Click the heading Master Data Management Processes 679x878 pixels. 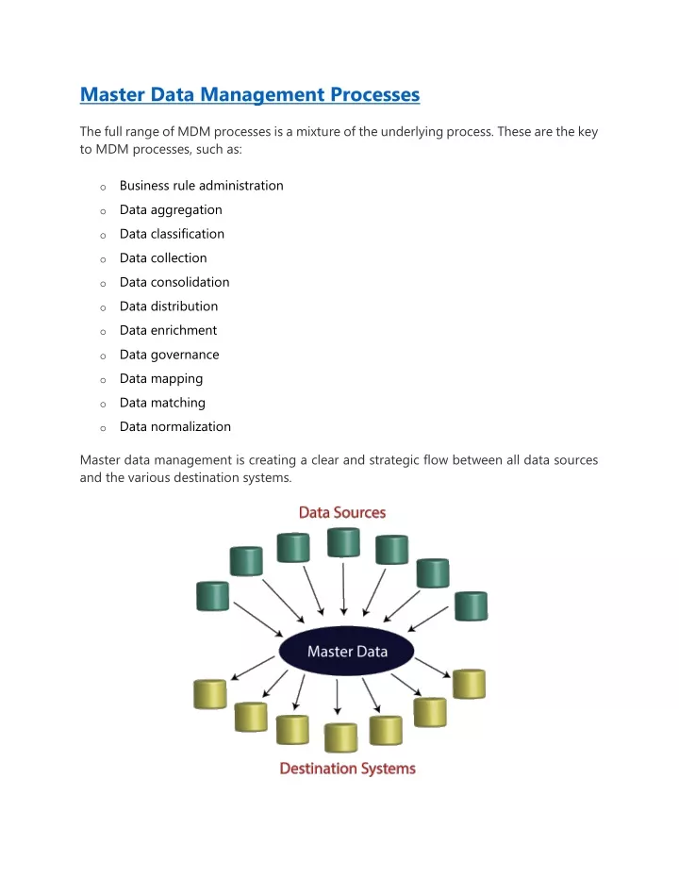(x=250, y=94)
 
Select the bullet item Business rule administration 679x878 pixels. (x=202, y=186)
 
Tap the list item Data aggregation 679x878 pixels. (x=171, y=210)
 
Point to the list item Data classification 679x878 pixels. (x=172, y=234)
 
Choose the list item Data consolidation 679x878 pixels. (x=174, y=282)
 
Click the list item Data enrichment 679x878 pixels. (x=168, y=330)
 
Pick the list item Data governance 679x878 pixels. (x=169, y=355)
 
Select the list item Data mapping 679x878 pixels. (x=161, y=379)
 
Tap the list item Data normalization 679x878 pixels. (x=175, y=426)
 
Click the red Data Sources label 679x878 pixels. (x=342, y=512)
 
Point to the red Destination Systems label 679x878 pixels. (x=348, y=769)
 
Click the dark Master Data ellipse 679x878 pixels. (x=346, y=651)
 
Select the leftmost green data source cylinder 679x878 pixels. (x=213, y=596)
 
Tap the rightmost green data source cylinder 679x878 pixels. (x=472, y=605)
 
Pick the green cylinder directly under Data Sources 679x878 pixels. (x=343, y=542)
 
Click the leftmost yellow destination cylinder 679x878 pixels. (x=210, y=694)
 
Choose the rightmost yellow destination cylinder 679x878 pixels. (x=469, y=684)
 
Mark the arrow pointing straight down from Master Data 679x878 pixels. (x=337, y=697)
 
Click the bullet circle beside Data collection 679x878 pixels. (x=103, y=260)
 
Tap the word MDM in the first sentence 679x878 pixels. (x=193, y=132)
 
